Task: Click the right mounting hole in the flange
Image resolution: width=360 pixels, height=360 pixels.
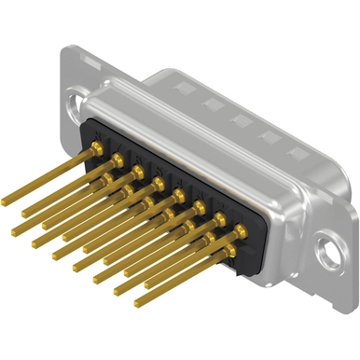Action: pos(325,250)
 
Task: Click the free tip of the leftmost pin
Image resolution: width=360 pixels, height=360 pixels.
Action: pos(6,201)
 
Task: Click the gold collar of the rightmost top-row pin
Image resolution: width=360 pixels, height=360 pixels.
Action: pos(240,230)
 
